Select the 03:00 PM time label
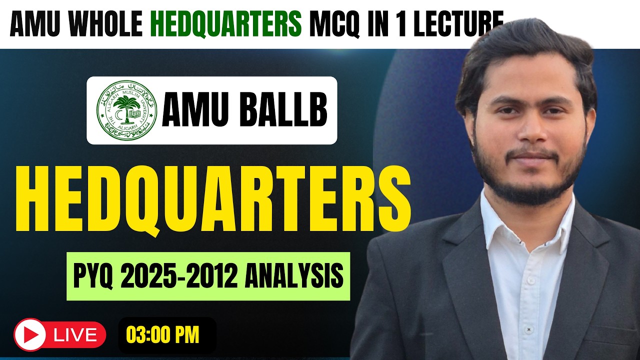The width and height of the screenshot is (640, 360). pos(162,334)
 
